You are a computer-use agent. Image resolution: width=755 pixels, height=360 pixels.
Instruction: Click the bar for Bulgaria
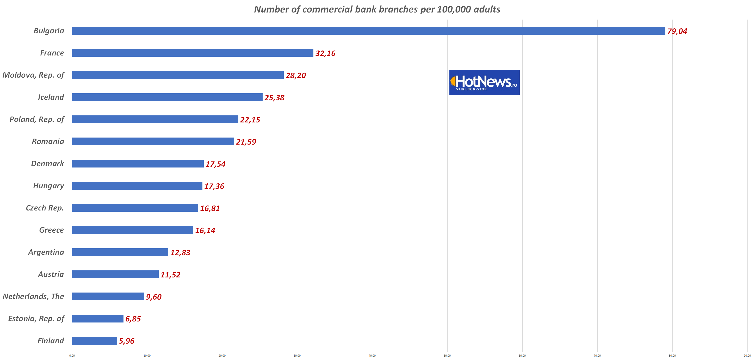368,31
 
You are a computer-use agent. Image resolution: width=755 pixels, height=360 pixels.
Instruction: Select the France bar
193,53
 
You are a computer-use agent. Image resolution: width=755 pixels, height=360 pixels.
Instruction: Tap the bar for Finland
94,341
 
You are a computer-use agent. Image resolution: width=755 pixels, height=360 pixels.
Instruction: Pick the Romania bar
153,141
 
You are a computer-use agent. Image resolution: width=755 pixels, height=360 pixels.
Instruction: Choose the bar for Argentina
120,252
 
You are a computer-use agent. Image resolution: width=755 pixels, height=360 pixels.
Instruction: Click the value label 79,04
677,31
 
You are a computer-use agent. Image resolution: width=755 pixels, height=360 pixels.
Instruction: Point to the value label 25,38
274,98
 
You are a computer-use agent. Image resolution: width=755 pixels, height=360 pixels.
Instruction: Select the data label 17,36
214,186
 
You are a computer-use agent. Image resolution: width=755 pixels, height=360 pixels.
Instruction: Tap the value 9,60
154,297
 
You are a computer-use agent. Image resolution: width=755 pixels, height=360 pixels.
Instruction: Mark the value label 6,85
133,319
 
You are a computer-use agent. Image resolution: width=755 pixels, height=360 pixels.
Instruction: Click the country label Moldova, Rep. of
33,75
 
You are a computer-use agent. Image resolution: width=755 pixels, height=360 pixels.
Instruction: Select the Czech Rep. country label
45,208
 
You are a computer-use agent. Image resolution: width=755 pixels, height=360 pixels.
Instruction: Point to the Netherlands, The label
33,296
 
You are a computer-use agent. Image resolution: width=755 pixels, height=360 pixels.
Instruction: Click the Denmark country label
47,164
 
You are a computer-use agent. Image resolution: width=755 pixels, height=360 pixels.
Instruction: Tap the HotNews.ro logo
484,82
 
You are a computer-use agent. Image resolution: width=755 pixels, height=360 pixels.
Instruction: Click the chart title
377,9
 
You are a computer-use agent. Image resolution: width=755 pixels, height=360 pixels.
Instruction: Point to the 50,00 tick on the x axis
447,356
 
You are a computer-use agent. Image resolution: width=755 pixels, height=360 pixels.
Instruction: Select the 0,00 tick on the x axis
72,356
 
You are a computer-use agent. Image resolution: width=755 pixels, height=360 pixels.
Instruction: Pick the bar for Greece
132,230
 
